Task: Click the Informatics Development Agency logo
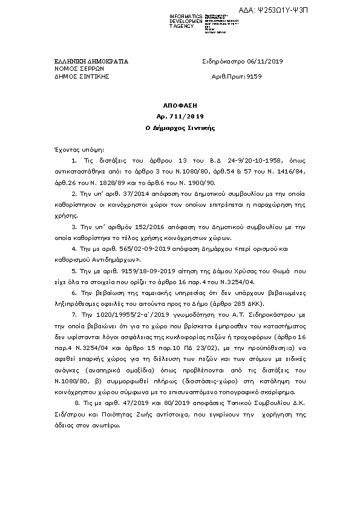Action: [205, 22]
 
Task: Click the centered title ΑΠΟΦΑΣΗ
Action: [180, 105]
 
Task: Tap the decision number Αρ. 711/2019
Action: [180, 116]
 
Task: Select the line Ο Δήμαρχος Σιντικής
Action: [180, 128]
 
